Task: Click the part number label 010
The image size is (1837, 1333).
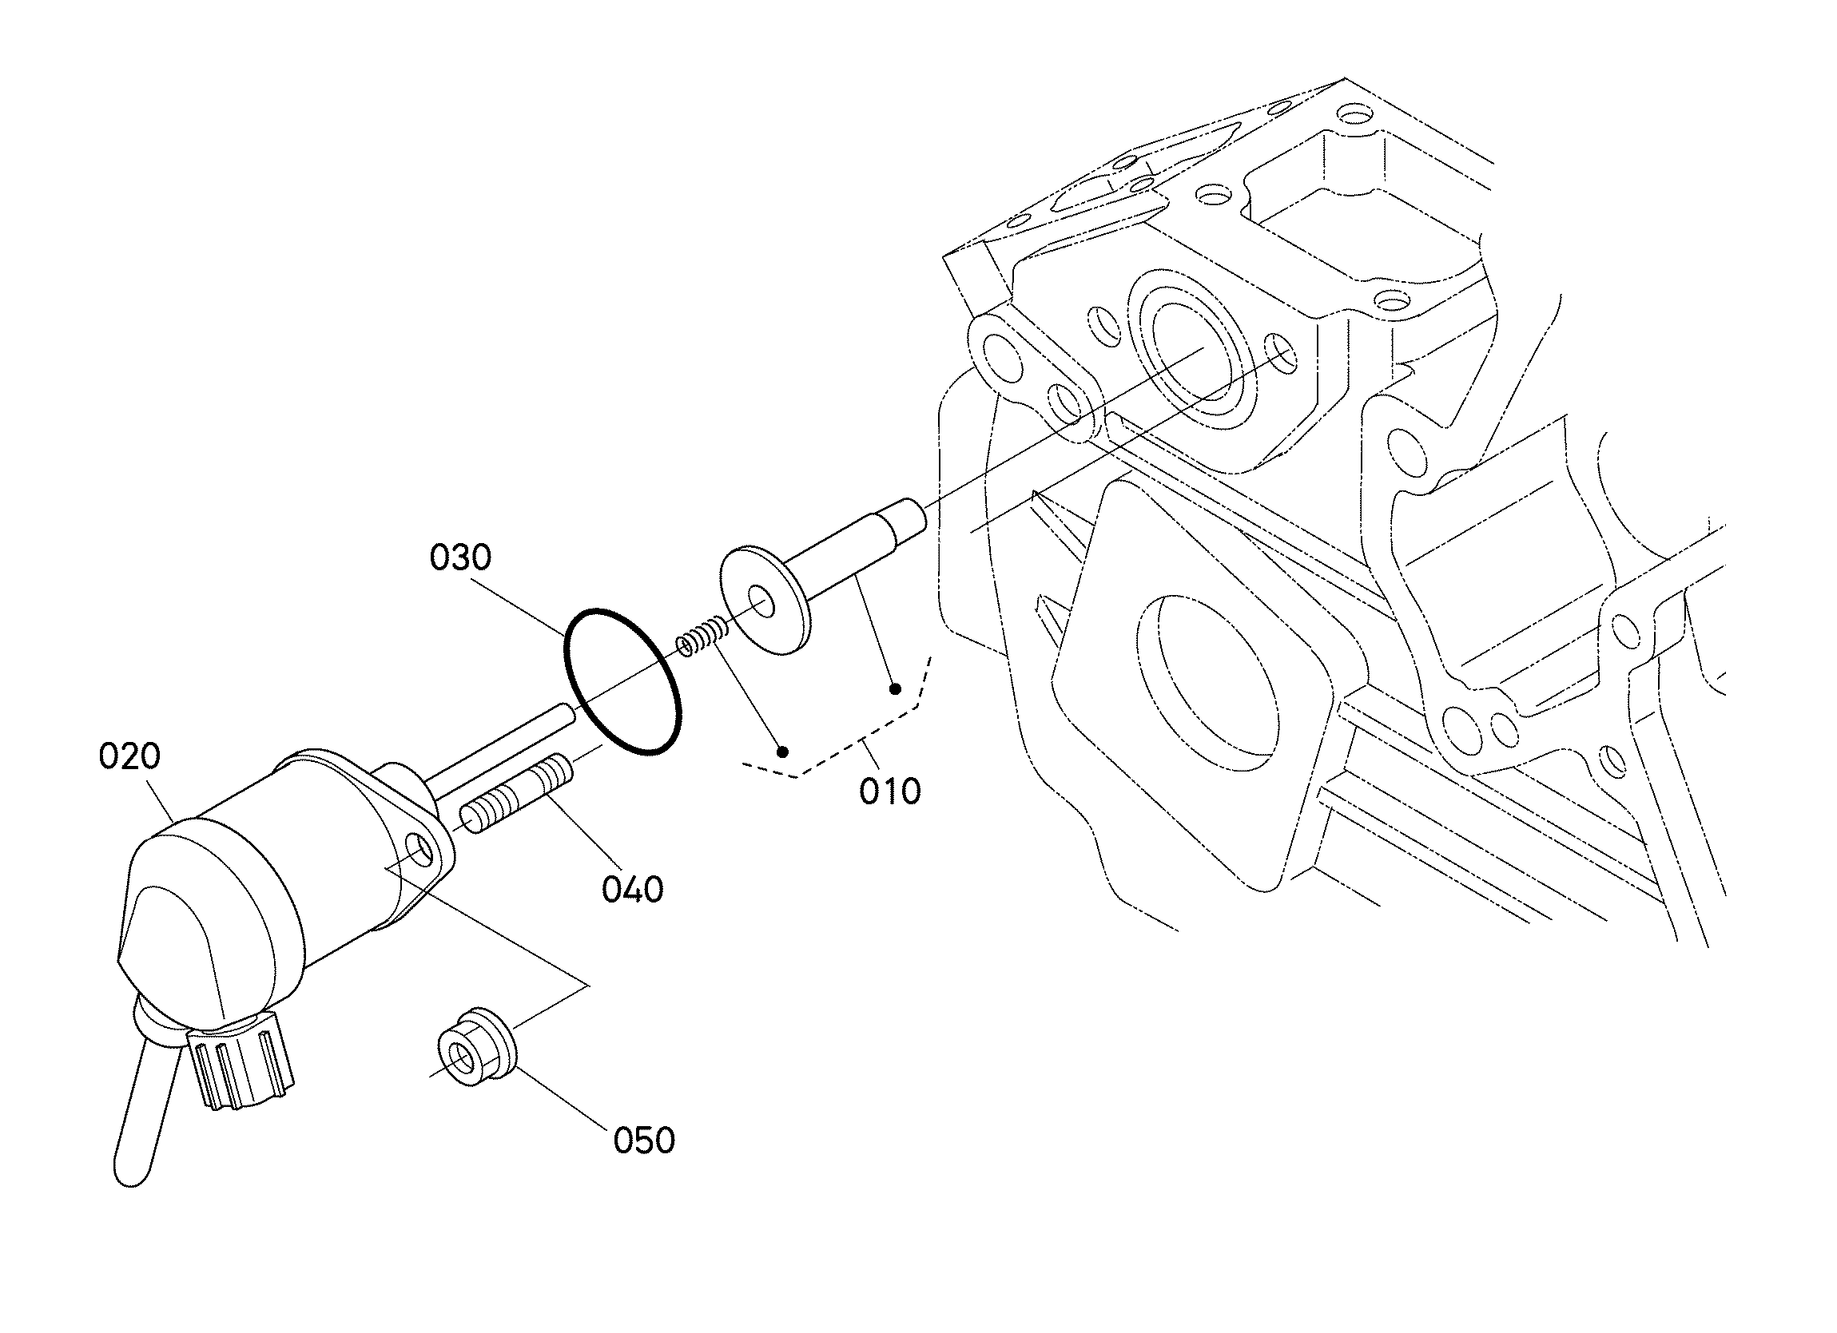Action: (890, 791)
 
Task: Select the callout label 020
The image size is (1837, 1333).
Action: (129, 756)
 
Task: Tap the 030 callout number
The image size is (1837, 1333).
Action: (460, 558)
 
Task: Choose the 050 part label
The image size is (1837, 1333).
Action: (644, 1141)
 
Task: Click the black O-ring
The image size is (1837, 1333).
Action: (622, 681)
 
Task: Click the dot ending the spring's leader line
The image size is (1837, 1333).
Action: (782, 752)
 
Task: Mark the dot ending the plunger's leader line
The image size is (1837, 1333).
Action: (895, 689)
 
